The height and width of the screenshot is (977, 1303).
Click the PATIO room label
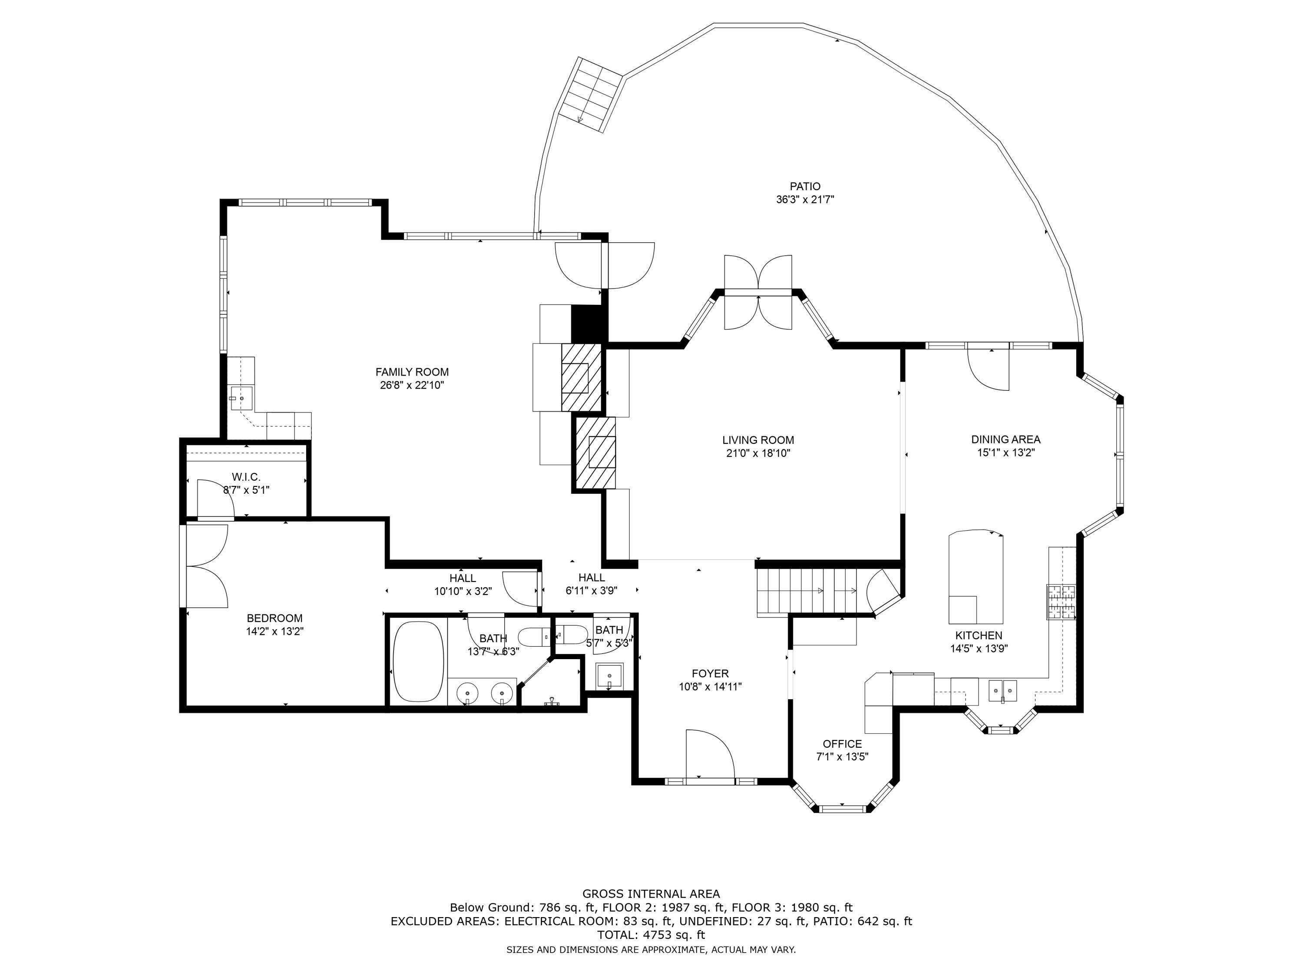tap(805, 187)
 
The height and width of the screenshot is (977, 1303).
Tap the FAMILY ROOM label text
tap(412, 372)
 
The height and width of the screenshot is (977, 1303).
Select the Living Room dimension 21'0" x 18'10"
tap(758, 453)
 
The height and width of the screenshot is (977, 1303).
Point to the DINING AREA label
tap(1005, 439)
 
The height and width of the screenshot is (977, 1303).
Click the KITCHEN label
tap(979, 635)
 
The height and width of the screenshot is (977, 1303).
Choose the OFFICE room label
tap(842, 744)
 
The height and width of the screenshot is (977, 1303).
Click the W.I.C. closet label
tap(246, 476)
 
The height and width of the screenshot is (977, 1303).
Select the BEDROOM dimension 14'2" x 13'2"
tap(274, 631)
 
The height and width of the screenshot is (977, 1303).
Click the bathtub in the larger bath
tap(418, 661)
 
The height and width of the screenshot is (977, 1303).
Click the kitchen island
tap(976, 577)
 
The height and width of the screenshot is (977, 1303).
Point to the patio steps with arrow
tap(591, 94)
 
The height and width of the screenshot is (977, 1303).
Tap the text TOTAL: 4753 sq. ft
tap(651, 934)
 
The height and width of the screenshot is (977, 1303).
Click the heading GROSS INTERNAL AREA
tap(651, 894)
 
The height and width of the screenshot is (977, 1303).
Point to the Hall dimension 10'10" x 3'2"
tap(463, 592)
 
